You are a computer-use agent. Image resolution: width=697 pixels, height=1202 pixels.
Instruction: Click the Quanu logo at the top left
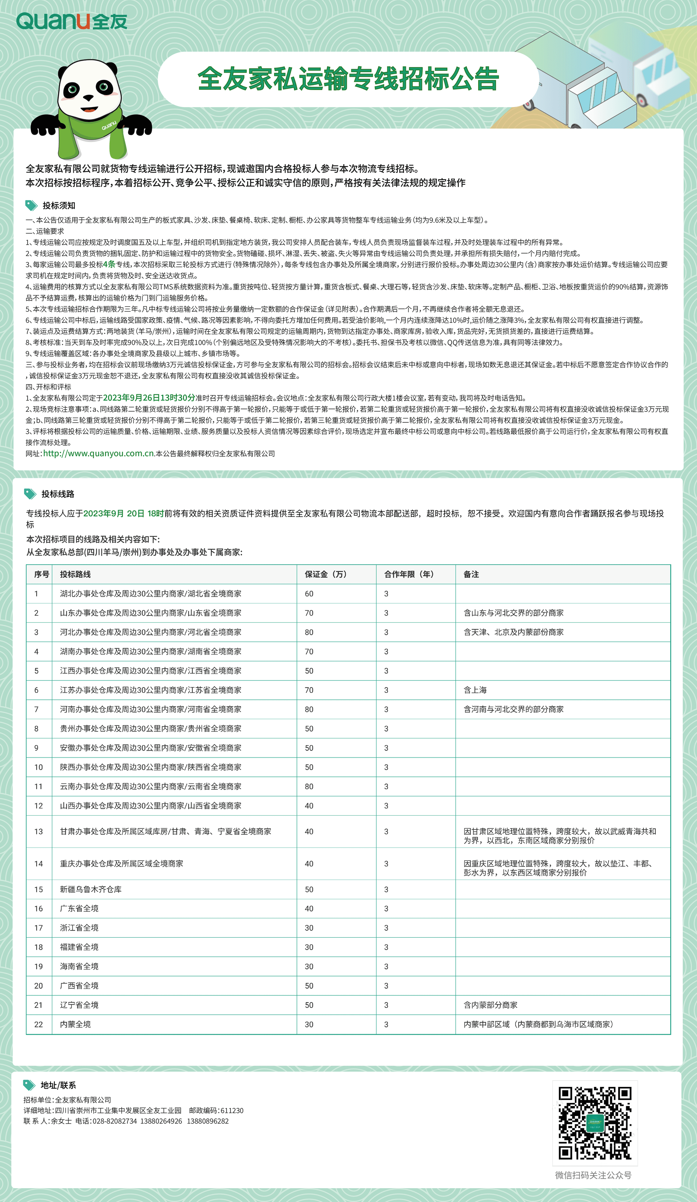(x=72, y=21)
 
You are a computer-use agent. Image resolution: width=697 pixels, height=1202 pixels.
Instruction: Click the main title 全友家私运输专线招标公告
(x=348, y=79)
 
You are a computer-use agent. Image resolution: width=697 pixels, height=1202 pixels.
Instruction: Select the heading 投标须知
(x=59, y=206)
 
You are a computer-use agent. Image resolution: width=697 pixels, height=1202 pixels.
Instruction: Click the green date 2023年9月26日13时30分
(x=149, y=398)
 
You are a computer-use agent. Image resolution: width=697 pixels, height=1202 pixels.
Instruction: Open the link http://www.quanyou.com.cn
(x=99, y=454)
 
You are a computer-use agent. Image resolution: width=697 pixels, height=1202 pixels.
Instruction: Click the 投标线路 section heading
(x=58, y=494)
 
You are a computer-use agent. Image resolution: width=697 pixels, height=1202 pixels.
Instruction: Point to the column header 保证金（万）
(x=326, y=574)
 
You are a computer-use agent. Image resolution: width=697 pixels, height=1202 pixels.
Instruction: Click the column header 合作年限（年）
(x=408, y=574)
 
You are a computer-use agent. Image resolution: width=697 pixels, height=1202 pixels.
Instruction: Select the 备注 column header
(x=471, y=574)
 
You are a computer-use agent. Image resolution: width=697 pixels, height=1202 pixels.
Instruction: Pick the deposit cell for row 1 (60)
(x=309, y=594)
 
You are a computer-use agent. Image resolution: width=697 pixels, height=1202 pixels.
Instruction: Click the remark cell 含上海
(x=475, y=690)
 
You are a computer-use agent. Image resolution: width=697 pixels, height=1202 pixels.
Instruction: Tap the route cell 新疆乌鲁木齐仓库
(x=91, y=890)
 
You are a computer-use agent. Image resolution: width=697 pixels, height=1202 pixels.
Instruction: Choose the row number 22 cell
(x=38, y=1024)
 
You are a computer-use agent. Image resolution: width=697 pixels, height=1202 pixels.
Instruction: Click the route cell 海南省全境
(x=79, y=966)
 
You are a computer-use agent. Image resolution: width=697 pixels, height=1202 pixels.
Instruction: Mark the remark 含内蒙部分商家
(x=490, y=1005)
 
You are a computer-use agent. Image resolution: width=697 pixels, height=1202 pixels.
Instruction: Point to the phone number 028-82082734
(x=114, y=1121)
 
